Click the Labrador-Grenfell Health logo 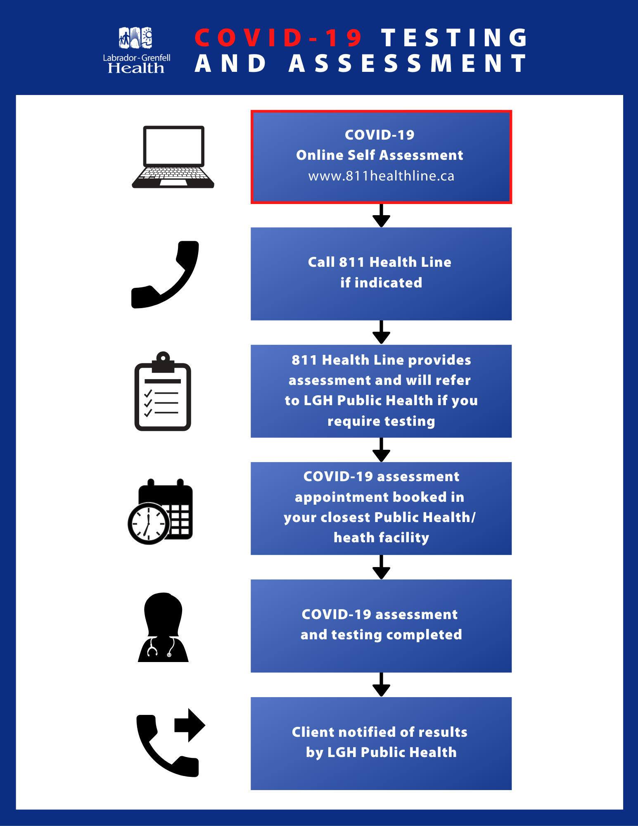[x=136, y=50]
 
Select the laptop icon [x=173, y=157]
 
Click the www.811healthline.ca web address [x=381, y=176]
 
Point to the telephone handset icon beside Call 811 [x=165, y=275]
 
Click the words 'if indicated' [x=381, y=283]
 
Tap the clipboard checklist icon [x=163, y=392]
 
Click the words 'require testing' [x=381, y=421]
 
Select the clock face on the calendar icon [x=148, y=524]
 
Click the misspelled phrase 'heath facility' [x=381, y=538]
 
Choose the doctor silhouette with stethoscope [x=163, y=628]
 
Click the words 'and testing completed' [x=381, y=635]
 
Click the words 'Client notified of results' [x=379, y=732]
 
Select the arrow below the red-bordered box [x=381, y=216]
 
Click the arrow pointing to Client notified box [x=381, y=685]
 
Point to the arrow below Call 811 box [x=381, y=333]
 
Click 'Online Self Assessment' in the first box [x=379, y=155]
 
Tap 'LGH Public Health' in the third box [x=368, y=401]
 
